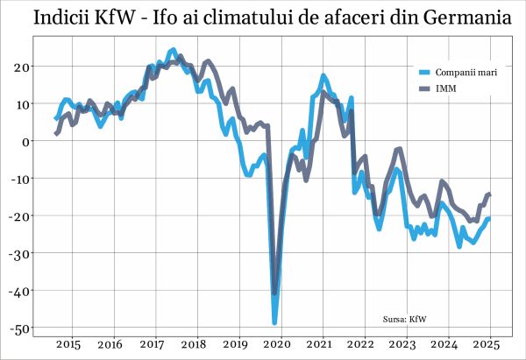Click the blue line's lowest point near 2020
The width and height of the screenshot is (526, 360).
pos(274,322)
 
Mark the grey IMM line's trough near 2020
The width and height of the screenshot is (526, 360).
pos(274,293)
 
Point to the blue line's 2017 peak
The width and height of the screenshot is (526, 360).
pos(173,51)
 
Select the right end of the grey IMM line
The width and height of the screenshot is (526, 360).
pos(489,194)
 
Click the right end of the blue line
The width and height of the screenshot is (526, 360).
pos(489,218)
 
